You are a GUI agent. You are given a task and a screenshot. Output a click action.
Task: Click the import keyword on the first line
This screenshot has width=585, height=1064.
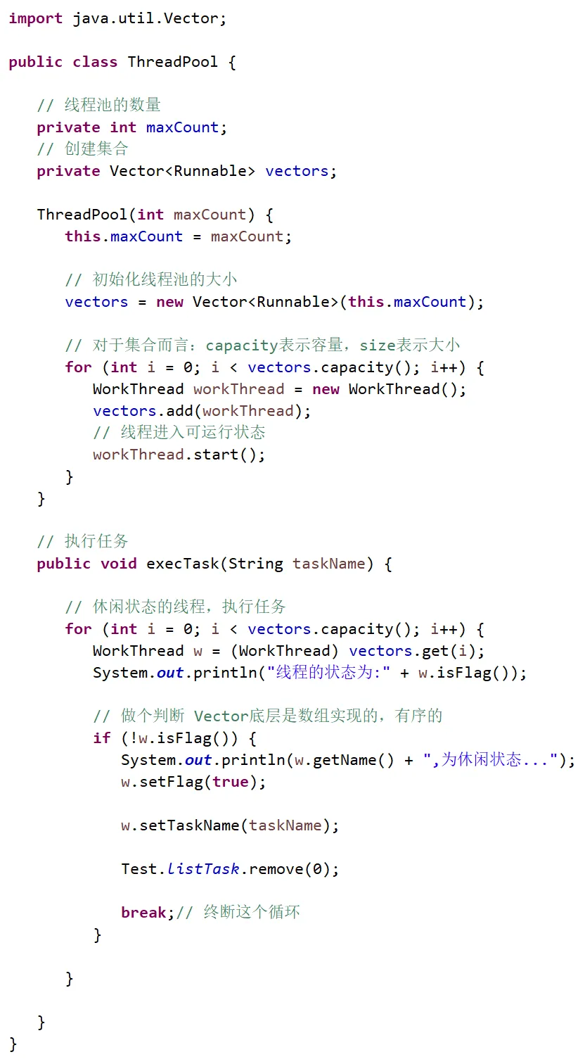[x=36, y=19]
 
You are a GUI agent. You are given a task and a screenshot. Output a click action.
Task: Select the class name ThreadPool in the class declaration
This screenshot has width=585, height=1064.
[x=173, y=62]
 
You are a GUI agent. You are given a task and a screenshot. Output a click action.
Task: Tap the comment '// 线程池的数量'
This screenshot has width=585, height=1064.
[x=99, y=106]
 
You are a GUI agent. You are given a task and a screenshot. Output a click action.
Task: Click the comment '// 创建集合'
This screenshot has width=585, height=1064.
[x=83, y=149]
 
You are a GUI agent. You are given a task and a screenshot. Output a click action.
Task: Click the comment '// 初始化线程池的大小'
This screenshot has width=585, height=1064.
[x=151, y=280]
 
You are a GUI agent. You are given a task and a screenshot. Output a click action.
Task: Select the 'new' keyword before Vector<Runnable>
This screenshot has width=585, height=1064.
[x=169, y=302]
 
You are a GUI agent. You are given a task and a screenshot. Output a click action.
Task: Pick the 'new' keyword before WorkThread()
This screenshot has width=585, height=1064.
[x=326, y=389]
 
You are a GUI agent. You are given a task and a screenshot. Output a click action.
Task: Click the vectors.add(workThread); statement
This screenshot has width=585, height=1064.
[x=202, y=411]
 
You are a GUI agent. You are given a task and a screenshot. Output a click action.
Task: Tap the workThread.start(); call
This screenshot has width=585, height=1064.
[x=179, y=455]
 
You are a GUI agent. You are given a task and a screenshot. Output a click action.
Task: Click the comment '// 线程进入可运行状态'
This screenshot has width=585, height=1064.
[x=179, y=433]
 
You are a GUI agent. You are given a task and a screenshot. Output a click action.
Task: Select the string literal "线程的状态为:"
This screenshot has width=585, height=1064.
[x=328, y=673]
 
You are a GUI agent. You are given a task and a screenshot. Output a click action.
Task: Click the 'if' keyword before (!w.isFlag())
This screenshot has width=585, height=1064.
[x=102, y=738]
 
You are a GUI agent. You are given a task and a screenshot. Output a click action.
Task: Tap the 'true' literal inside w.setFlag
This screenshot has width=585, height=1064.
[x=230, y=782]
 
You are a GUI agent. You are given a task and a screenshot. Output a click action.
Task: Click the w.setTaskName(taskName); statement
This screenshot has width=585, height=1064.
[x=230, y=825]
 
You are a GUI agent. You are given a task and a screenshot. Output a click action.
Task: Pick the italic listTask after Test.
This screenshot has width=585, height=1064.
[x=202, y=869]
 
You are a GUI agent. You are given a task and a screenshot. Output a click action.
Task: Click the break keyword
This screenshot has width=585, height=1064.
[x=143, y=913]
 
